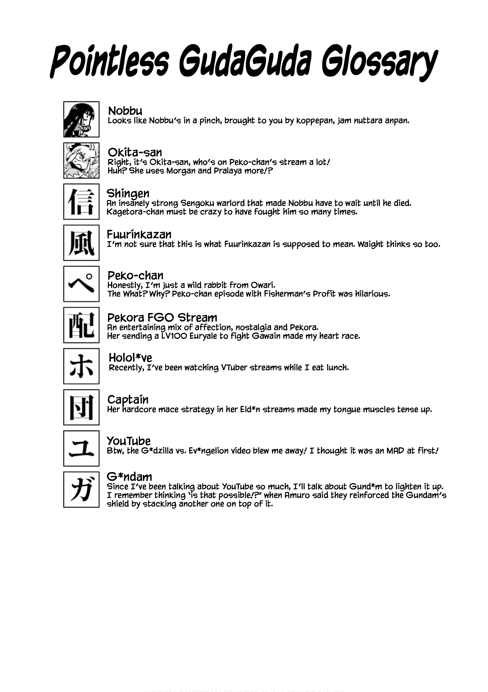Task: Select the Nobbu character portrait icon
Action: (81, 119)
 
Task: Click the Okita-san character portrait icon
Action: (81, 160)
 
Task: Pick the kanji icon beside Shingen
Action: (81, 202)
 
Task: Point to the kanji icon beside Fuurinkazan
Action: (81, 243)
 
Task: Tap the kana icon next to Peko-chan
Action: (81, 284)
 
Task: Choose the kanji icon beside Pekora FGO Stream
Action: (81, 325)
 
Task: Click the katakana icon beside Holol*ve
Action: (81, 366)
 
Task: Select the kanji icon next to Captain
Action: (81, 407)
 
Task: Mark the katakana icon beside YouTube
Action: (81, 448)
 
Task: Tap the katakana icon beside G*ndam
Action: (81, 489)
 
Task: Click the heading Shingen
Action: (128, 193)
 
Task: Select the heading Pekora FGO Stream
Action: (162, 318)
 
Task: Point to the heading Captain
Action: (128, 400)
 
